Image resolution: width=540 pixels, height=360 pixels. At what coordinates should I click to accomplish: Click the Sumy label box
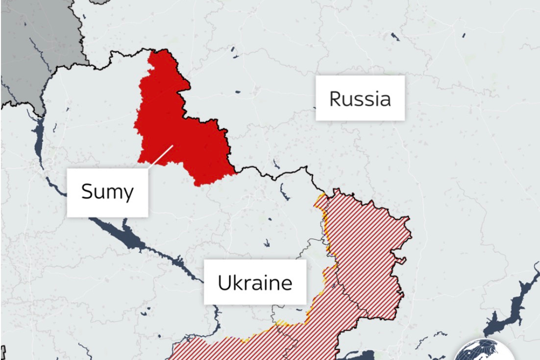[x=107, y=192]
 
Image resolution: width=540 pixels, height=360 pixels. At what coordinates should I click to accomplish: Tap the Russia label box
[x=360, y=98]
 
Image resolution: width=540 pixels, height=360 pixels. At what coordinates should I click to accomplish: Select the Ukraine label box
[x=255, y=282]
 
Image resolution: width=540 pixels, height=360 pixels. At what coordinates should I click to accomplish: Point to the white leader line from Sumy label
[x=161, y=157]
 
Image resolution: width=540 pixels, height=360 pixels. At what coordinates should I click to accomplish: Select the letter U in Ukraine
[x=224, y=283]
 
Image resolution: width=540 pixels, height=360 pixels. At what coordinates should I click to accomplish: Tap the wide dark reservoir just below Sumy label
[x=123, y=235]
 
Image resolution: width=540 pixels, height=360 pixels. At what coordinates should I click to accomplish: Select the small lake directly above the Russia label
[x=395, y=37]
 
